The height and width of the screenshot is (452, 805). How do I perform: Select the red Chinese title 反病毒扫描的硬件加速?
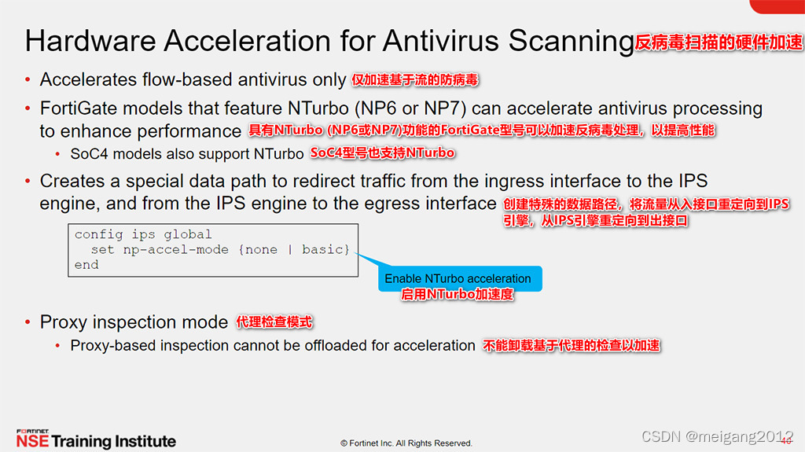719,42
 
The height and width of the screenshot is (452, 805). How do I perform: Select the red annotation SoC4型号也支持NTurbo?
383,153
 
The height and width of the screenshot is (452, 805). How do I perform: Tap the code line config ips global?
143,234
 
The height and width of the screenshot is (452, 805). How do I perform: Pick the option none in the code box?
261,249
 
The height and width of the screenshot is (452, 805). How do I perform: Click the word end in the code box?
86,265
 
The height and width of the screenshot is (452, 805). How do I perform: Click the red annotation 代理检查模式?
274,322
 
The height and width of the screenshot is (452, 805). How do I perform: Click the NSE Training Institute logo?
96,440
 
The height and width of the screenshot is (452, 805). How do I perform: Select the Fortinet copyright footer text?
406,443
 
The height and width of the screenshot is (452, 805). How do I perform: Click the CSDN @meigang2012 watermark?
717,436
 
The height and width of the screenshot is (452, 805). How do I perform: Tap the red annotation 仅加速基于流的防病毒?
415,80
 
